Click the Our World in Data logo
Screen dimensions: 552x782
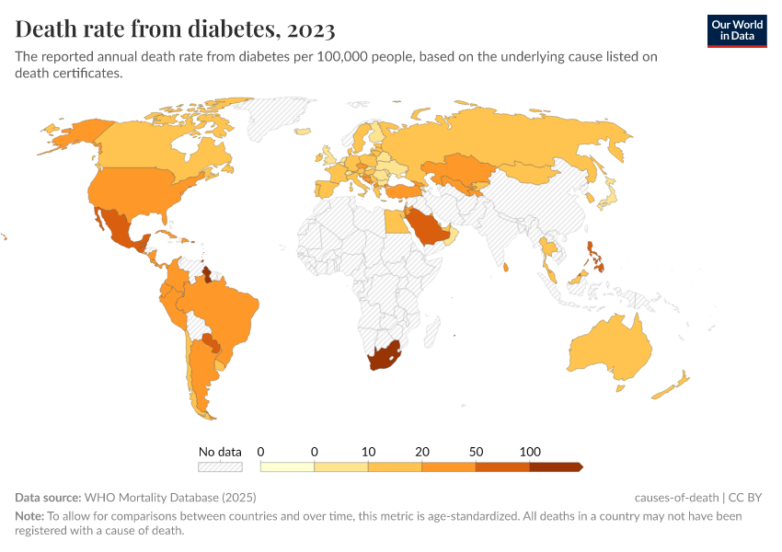click(x=736, y=30)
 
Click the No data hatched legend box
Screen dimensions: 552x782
click(x=221, y=466)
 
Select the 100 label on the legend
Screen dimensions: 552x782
click(x=530, y=452)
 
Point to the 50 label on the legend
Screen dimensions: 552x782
click(x=476, y=452)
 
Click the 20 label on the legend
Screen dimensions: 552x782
click(x=422, y=452)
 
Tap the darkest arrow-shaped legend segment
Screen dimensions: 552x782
click(x=556, y=466)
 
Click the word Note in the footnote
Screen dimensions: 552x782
click(x=29, y=516)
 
